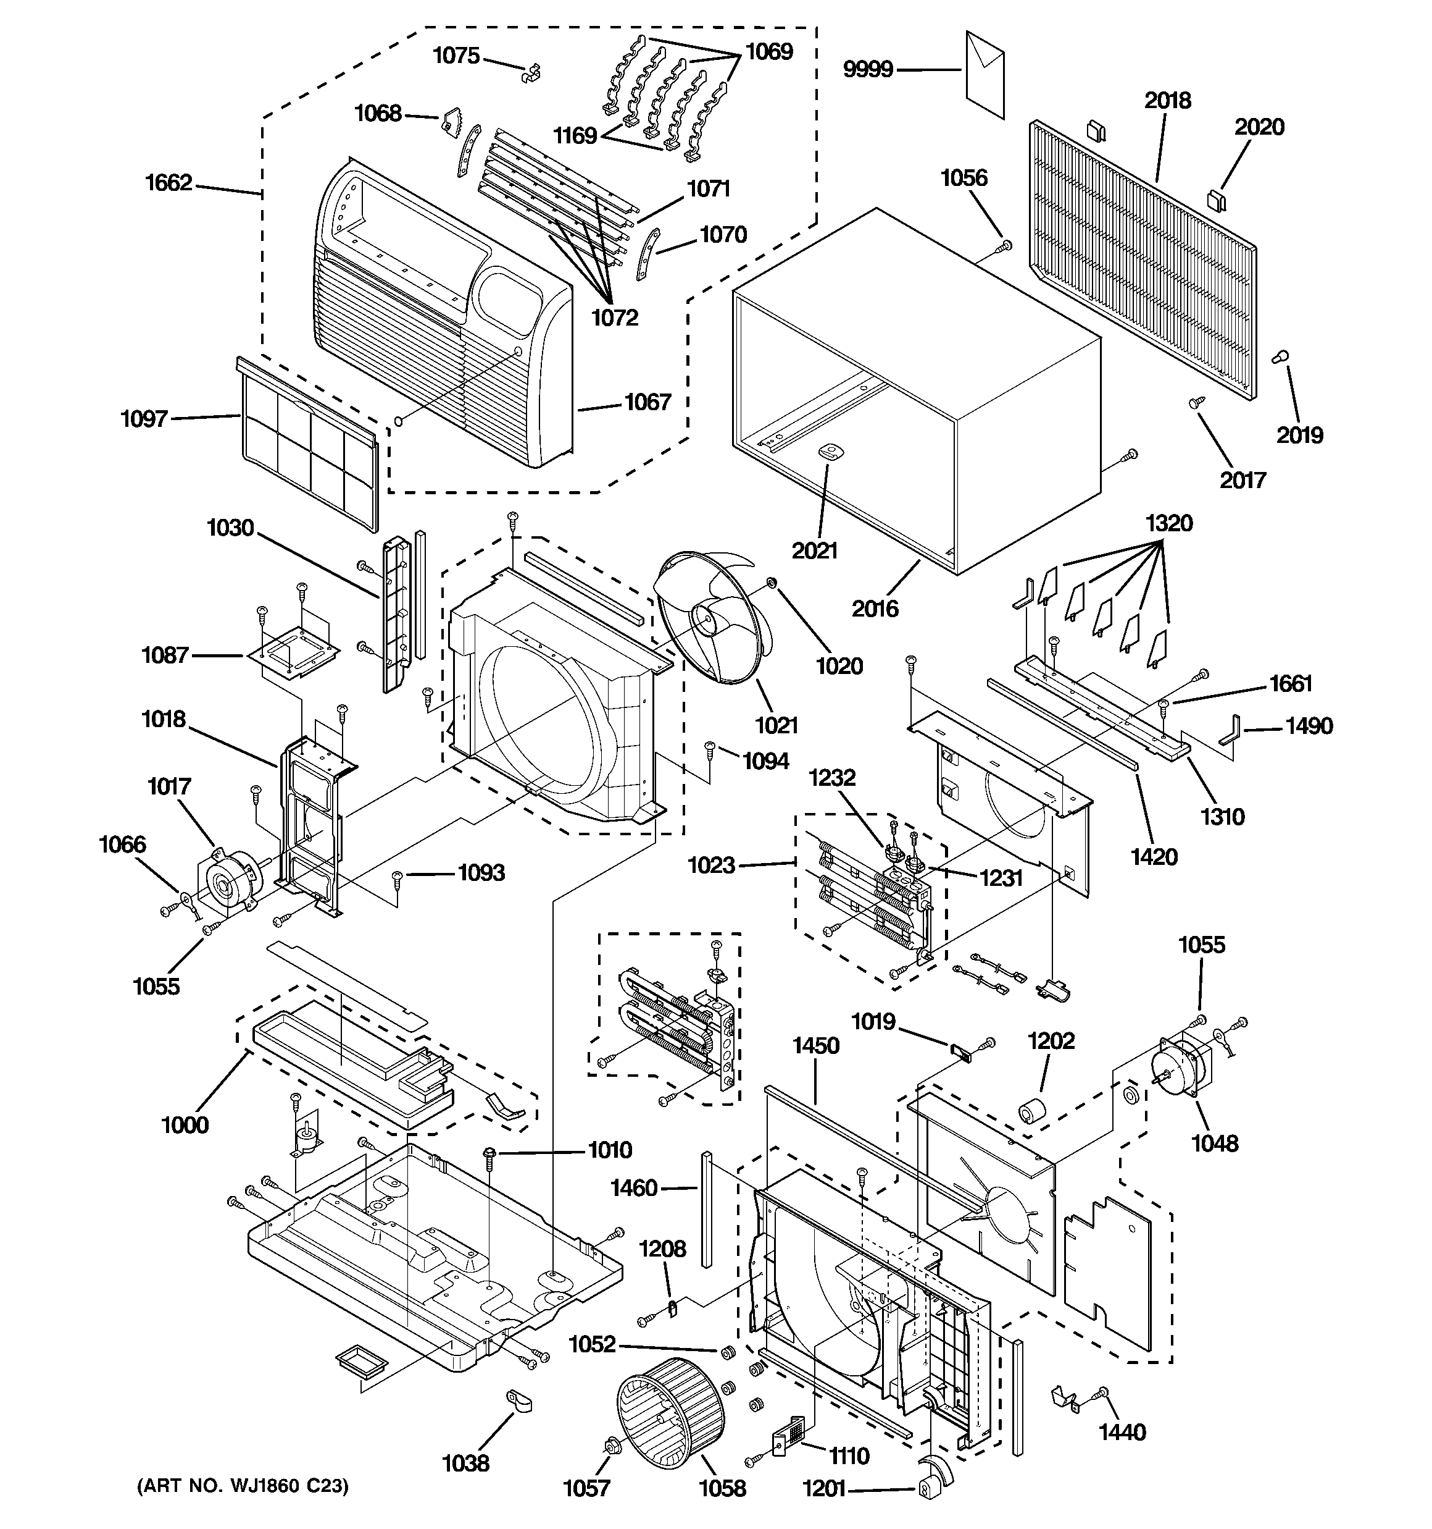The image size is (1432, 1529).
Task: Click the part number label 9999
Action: [868, 70]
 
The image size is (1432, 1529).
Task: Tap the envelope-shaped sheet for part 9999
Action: [984, 75]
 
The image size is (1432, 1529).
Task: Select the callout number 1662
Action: [169, 183]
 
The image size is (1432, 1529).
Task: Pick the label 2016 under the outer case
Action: [875, 609]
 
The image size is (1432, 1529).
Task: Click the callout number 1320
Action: [1168, 524]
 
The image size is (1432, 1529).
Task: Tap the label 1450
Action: [815, 1045]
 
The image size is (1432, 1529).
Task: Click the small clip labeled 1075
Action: [530, 72]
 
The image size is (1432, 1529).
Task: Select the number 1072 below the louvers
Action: [614, 318]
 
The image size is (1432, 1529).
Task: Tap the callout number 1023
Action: [711, 866]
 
